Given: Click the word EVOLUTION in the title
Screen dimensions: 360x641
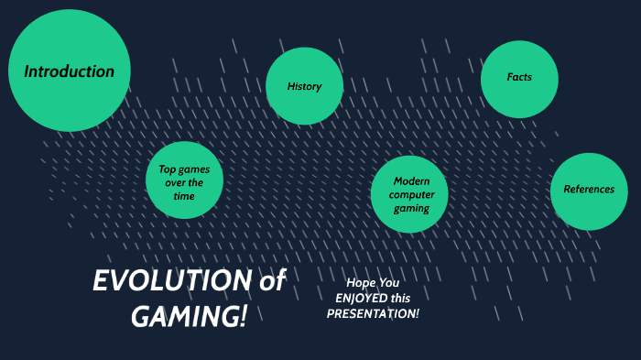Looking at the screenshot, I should coord(172,281).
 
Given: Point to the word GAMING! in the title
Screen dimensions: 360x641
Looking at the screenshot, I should coord(189,316).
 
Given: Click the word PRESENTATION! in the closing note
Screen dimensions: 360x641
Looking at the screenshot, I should coord(373,313).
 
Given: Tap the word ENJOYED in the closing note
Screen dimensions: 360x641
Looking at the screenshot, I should coord(361,299).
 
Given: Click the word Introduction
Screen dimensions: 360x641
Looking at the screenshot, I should coord(70,71).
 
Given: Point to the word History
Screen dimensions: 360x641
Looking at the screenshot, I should coord(305,87).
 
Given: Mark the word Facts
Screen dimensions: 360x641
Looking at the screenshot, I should coord(519,77).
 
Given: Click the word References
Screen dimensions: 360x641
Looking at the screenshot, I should coord(589,190).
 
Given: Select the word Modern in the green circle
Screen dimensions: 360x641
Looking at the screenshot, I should coord(411,181).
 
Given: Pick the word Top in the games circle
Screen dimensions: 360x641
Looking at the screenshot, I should coord(168,169).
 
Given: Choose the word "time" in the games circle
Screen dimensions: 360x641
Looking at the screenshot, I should coord(184,196).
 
